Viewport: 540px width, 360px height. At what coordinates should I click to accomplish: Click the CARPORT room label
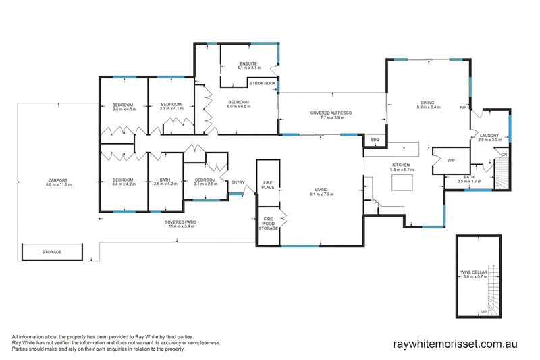tap(58, 180)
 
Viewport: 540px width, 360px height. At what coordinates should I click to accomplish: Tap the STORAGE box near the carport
tap(52, 252)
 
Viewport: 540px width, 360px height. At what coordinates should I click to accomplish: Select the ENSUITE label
tap(248, 63)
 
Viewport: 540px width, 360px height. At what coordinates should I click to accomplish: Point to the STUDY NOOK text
tap(263, 83)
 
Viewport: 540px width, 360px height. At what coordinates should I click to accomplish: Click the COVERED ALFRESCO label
tap(331, 113)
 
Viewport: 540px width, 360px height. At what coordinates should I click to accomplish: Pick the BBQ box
tap(375, 140)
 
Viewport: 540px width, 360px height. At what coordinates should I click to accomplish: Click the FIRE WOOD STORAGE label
tap(268, 224)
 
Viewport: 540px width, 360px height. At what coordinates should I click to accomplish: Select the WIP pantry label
tap(451, 161)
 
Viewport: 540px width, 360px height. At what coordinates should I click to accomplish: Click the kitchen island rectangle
tap(402, 182)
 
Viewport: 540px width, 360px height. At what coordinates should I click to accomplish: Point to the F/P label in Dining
tap(462, 108)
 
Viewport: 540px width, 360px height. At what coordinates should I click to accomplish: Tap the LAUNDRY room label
tap(489, 136)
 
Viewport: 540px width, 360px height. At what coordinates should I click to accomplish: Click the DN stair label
tap(504, 155)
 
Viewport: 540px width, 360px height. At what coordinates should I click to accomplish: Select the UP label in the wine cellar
tap(484, 312)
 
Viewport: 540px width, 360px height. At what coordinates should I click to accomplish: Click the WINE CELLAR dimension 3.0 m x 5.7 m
tap(475, 276)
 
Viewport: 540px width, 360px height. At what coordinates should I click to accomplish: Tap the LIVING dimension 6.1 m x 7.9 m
tap(321, 195)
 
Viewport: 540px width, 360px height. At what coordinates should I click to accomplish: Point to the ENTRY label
tap(238, 182)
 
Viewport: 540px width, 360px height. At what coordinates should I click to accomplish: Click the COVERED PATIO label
tap(180, 222)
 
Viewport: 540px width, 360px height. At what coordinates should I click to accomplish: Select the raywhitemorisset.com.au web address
tap(455, 344)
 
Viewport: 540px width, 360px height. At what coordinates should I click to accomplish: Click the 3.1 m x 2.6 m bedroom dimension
tap(206, 184)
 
